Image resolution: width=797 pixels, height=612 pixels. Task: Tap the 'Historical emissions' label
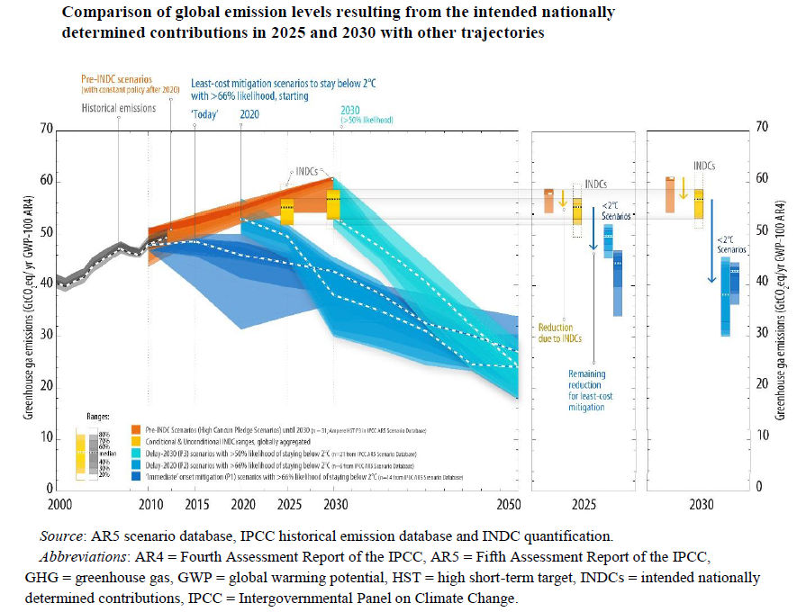118,107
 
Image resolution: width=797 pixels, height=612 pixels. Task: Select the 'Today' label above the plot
206,115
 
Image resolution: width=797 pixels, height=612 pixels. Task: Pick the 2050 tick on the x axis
510,504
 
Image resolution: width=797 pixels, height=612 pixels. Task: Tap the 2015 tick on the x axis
195,504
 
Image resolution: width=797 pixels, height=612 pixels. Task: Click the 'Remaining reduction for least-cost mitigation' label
586,390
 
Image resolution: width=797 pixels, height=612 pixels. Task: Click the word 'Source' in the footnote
61,537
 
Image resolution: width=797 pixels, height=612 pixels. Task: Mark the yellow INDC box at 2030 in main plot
333,203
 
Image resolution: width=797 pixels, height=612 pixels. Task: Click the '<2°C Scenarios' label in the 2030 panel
726,244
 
